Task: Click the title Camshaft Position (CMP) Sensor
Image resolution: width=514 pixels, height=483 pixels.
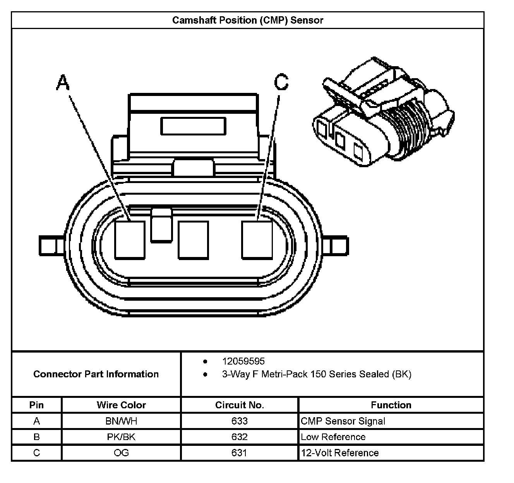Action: [247, 20]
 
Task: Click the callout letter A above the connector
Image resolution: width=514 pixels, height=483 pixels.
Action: [63, 82]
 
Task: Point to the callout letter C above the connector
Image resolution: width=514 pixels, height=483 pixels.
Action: [281, 82]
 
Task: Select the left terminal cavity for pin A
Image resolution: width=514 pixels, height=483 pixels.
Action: [130, 240]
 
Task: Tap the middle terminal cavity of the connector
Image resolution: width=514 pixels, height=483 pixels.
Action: [193, 240]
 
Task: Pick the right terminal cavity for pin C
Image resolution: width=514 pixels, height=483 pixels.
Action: [257, 240]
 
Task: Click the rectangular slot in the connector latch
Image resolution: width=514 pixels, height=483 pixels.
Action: [193, 127]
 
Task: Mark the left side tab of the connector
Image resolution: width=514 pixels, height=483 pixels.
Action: [48, 245]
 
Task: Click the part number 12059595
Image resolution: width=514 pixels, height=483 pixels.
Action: [243, 361]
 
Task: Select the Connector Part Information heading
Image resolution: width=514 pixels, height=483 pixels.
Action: [96, 374]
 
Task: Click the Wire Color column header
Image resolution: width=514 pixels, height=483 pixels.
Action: [121, 405]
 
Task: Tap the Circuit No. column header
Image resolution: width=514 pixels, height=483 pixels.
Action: [239, 405]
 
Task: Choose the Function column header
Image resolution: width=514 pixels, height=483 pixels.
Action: [391, 405]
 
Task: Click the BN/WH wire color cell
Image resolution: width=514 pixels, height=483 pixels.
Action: [121, 421]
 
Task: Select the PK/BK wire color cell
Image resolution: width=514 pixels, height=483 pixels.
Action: [121, 437]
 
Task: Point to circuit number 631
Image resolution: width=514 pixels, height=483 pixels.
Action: [239, 453]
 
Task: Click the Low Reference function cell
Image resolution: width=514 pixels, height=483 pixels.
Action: [333, 437]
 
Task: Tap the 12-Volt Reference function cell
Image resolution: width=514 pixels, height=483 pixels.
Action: [340, 453]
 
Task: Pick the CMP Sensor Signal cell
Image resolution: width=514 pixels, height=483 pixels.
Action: [343, 421]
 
